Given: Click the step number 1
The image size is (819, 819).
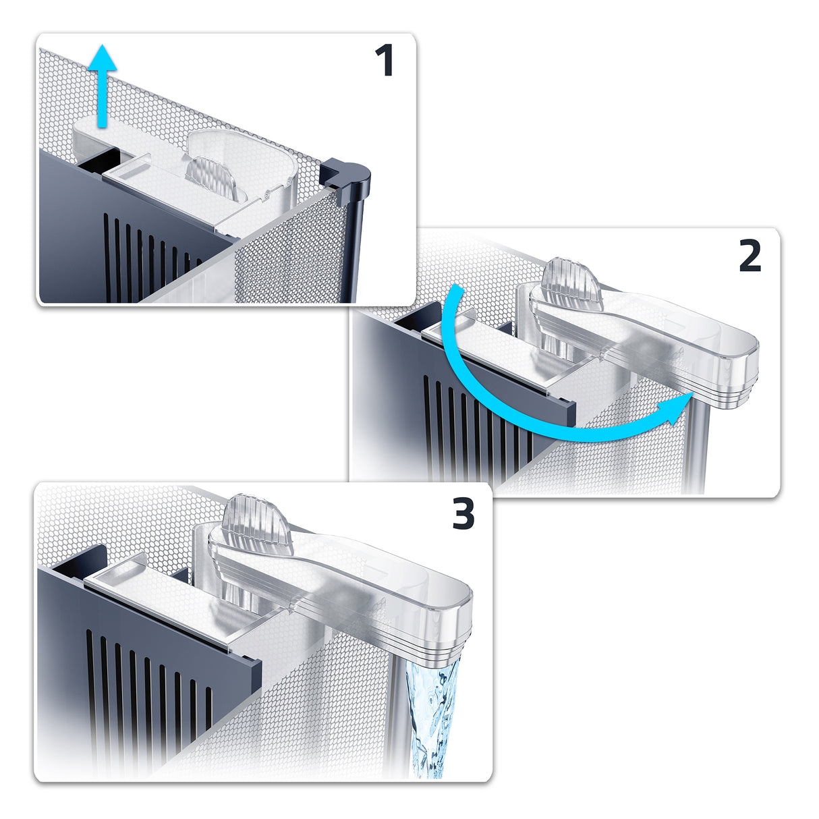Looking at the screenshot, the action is click(x=385, y=61).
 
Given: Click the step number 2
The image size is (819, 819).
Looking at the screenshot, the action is click(x=750, y=255).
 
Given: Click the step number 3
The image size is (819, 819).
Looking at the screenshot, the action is click(x=463, y=513).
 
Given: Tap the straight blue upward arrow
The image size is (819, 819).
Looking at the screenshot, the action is click(x=102, y=86).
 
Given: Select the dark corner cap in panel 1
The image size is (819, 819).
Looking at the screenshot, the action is click(x=345, y=175).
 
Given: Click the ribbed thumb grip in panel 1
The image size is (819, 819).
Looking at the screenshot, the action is click(x=211, y=177).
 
